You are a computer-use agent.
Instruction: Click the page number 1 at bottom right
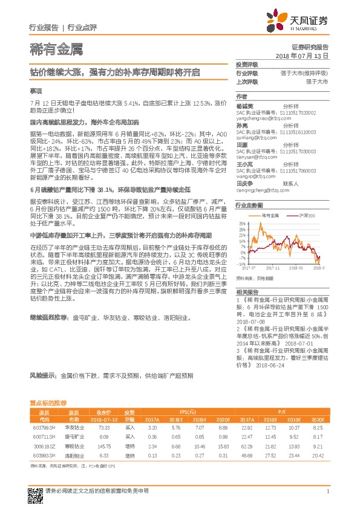pyautogui.click(x=327, y=491)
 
